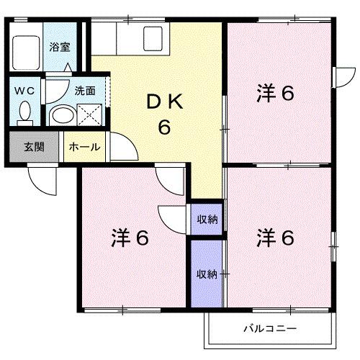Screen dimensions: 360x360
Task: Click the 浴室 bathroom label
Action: [x=59, y=48]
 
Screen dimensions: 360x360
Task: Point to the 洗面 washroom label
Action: [x=84, y=91]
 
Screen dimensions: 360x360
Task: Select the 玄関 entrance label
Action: [x=34, y=147]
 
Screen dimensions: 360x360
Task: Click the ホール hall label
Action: [x=84, y=147]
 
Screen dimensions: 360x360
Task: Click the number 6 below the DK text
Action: [x=164, y=127]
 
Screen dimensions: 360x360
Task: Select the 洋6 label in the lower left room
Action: [x=130, y=238]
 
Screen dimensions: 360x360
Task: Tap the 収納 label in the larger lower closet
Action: [x=207, y=274]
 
